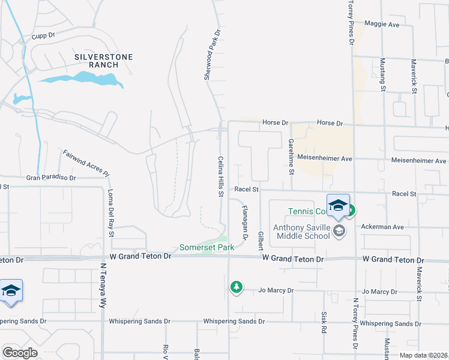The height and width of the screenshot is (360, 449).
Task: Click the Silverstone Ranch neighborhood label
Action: tap(103, 61)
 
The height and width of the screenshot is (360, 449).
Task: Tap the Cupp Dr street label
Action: tap(44, 35)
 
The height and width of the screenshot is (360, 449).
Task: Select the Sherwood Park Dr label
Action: tap(212, 55)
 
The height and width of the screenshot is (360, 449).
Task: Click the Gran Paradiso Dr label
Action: tap(51, 178)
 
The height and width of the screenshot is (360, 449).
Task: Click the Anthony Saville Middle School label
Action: tap(301, 231)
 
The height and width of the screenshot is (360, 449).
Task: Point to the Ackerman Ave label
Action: tap(382, 227)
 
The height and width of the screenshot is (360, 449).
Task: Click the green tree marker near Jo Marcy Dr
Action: tap(237, 287)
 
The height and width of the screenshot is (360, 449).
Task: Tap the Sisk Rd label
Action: tap(323, 322)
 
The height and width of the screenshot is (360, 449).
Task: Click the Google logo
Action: tap(20, 352)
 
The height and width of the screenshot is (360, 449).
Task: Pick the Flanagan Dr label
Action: tap(245, 220)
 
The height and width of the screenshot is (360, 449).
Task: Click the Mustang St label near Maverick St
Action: tap(382, 74)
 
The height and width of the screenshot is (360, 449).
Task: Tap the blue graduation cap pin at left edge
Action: tap(11, 290)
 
